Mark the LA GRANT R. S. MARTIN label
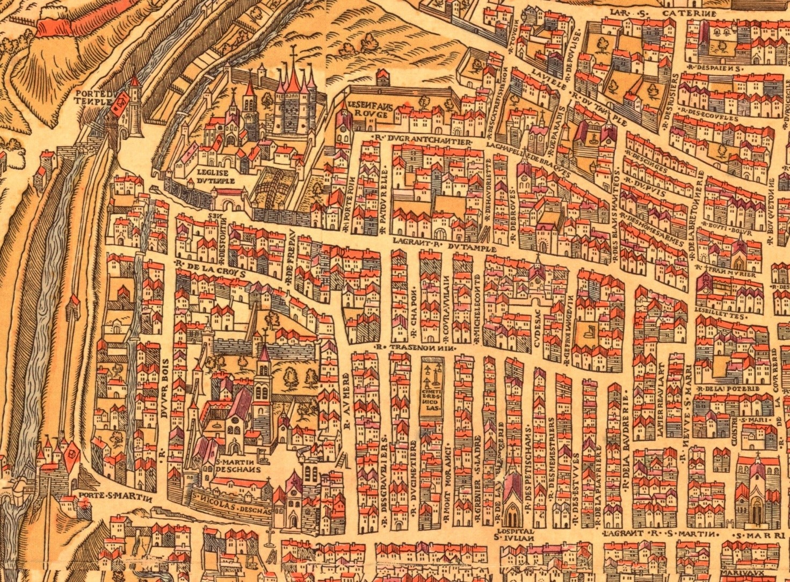point(660,534)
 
